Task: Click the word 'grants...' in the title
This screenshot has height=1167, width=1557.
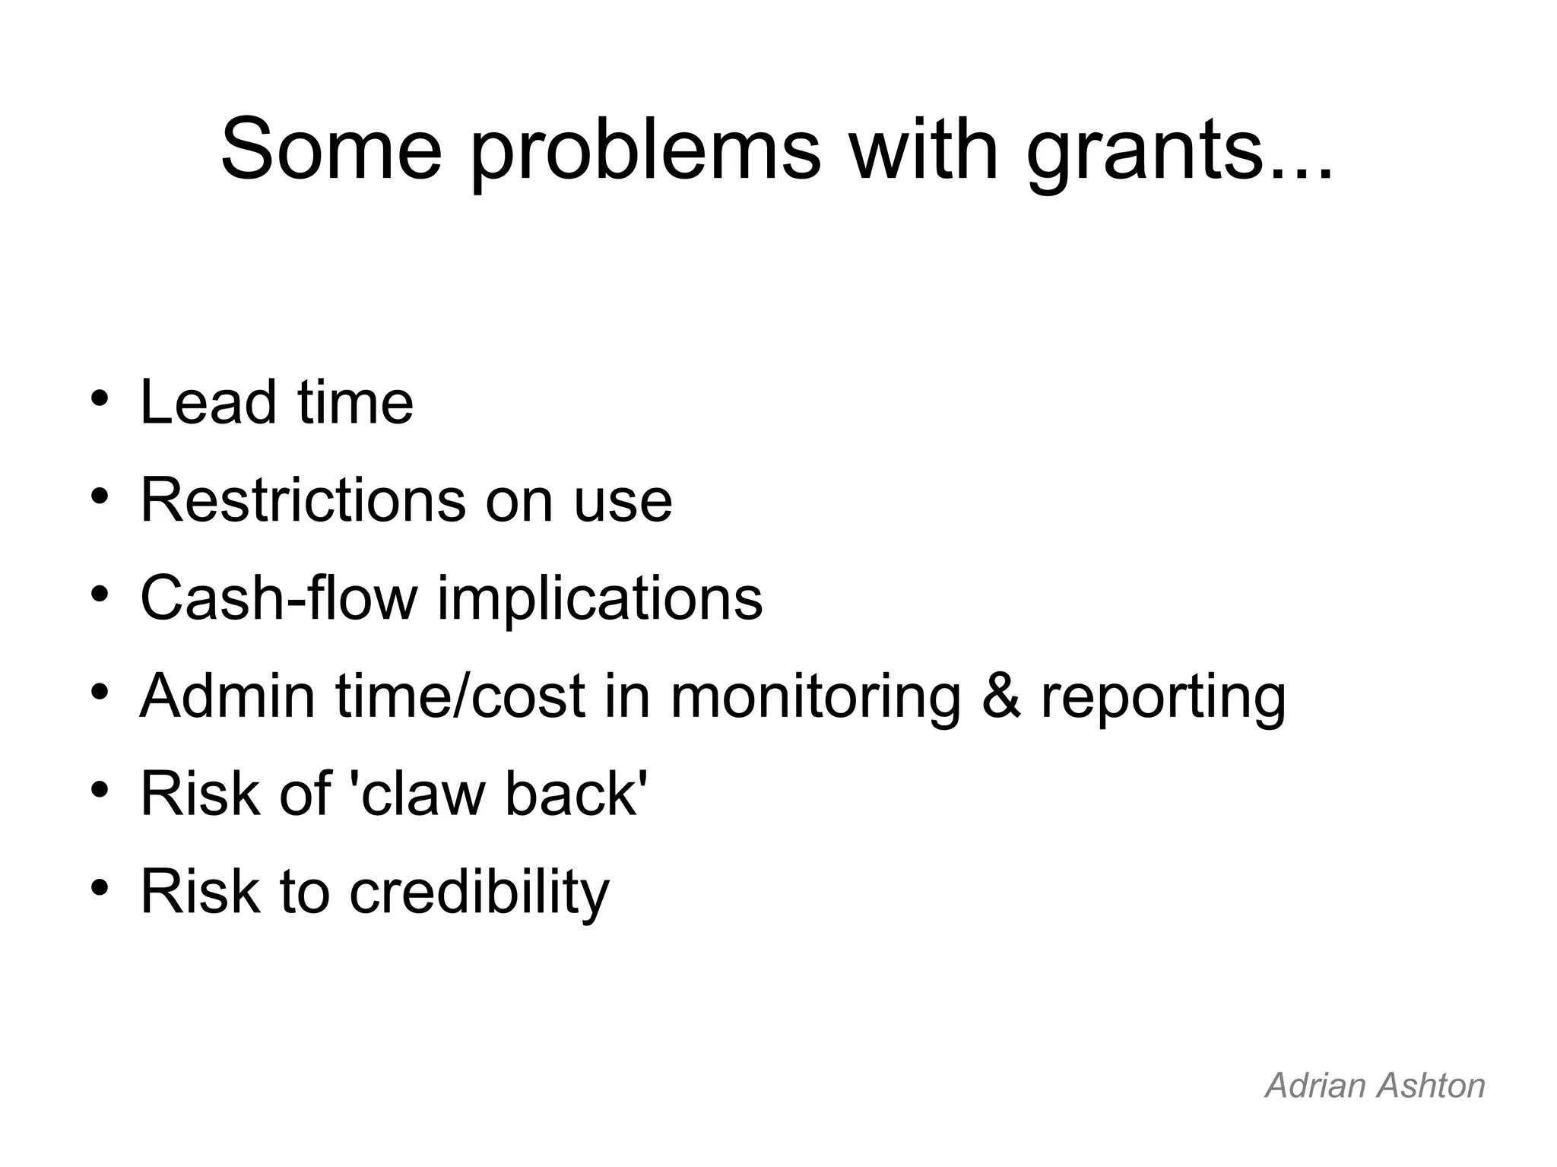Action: tap(1178, 152)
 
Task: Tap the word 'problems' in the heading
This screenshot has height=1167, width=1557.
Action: tap(645, 152)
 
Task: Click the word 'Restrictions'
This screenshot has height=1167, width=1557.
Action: tap(303, 500)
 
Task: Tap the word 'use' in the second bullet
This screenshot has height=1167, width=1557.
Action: tap(623, 502)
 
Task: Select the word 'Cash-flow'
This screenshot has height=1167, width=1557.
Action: tap(279, 598)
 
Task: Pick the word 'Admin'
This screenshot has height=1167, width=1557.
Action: tap(227, 696)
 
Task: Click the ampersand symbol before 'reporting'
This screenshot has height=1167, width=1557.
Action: tap(1000, 696)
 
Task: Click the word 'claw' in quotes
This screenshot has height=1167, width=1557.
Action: tap(419, 794)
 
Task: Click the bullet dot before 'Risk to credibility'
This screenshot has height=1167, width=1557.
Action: tap(100, 887)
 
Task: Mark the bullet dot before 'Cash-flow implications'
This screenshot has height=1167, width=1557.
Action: tap(100, 594)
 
